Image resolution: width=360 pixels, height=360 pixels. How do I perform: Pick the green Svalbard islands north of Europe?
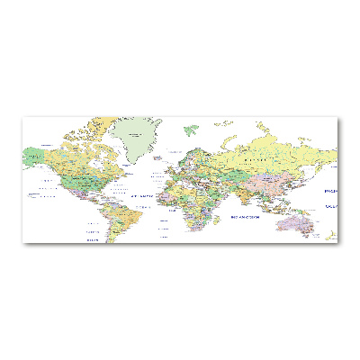(190, 130)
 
